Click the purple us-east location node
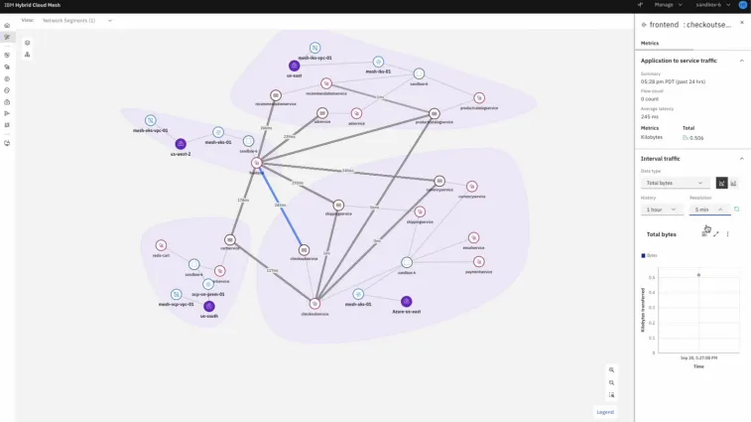click(294, 66)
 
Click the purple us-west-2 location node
click(181, 144)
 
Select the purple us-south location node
click(208, 306)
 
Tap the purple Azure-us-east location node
click(406, 301)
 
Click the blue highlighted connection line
click(281, 207)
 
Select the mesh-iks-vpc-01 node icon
click(314, 48)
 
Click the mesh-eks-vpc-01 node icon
click(151, 120)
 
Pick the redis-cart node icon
click(161, 245)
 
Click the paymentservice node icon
click(479, 261)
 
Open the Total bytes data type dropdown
click(675, 183)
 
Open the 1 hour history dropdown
click(661, 210)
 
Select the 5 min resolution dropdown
click(708, 210)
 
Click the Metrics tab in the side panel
click(650, 43)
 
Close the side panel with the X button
click(741, 23)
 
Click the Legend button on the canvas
click(605, 411)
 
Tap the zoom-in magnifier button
click(612, 369)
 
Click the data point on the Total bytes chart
click(698, 275)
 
